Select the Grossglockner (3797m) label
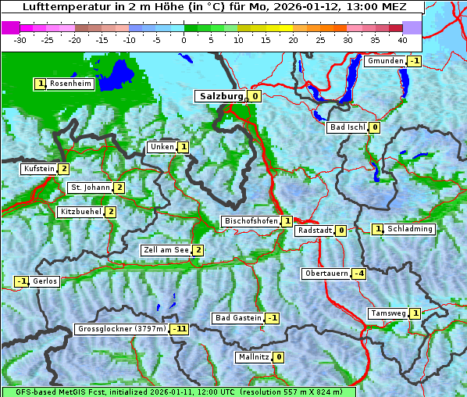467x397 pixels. [121, 329]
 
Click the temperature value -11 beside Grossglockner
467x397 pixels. [180, 329]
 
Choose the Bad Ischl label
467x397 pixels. [347, 127]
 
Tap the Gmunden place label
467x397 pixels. [385, 61]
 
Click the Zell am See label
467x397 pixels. [166, 250]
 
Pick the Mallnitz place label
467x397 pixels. [253, 357]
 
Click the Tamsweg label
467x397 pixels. [388, 313]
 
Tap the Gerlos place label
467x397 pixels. [45, 281]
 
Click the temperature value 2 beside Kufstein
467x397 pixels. [63, 169]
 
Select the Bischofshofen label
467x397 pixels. [251, 222]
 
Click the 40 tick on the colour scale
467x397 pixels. [401, 39]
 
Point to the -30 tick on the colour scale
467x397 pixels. [20, 39]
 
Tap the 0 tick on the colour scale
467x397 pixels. [184, 39]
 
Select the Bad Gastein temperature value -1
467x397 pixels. [272, 318]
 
